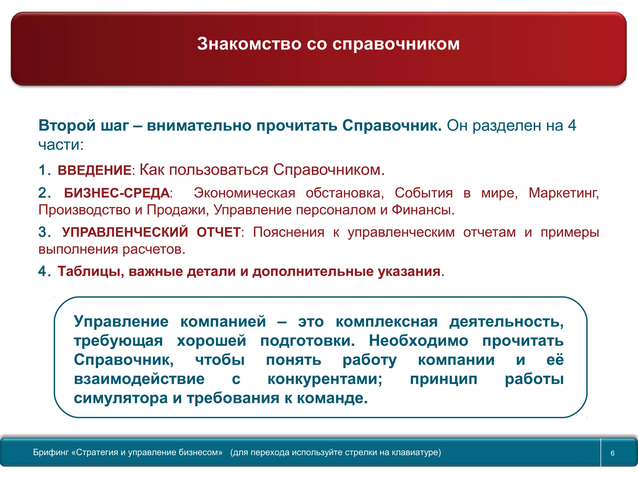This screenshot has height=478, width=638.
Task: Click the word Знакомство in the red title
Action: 249,44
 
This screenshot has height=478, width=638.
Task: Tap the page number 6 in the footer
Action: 612,453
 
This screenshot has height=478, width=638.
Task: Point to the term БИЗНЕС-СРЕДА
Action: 117,193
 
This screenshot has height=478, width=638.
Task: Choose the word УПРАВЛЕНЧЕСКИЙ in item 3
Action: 125,232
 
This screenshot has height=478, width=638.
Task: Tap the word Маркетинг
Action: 563,193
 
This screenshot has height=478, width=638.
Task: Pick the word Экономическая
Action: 244,193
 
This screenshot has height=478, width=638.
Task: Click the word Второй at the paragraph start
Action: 67,126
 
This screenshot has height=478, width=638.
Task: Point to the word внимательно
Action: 199,126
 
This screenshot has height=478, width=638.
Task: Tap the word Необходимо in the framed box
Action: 418,340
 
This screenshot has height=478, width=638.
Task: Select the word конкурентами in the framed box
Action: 325,379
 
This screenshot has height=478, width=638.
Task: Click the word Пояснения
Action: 288,232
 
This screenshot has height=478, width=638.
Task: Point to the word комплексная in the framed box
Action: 387,321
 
